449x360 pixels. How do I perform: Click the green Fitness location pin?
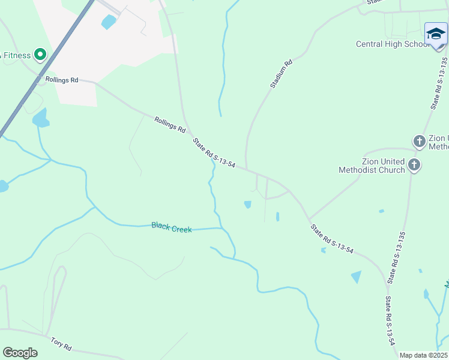[40, 55]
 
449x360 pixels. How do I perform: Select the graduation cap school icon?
[436, 33]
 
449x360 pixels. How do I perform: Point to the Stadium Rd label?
[281, 74]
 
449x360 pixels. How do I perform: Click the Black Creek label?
[172, 227]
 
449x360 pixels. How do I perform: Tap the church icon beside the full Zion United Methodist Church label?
[414, 164]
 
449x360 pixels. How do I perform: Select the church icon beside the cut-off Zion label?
[419, 142]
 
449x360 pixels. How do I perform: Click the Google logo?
[20, 353]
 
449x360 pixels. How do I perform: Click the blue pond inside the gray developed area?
[109, 22]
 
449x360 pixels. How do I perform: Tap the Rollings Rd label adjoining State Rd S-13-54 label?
[170, 125]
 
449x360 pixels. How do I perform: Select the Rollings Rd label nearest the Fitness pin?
[62, 79]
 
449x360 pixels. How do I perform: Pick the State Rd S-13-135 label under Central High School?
[439, 83]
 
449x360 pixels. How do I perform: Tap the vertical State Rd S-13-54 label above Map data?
[390, 320]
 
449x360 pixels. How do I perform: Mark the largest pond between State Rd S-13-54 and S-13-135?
[356, 277]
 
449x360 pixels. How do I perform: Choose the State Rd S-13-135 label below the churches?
[397, 257]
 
